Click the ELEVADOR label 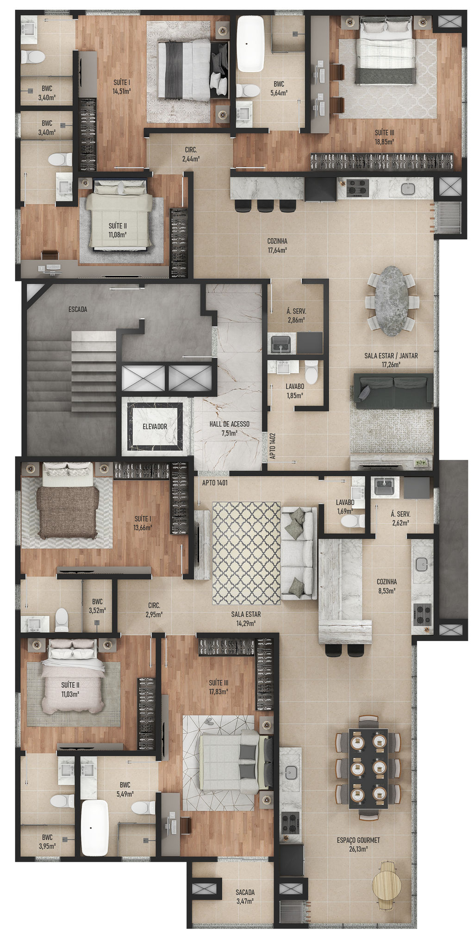tap(155, 426)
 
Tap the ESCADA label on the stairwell tap(78, 309)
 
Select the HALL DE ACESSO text tap(230, 424)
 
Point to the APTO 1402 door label tap(273, 446)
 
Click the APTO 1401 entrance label tap(215, 482)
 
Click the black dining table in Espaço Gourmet tap(368, 768)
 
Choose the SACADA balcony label tap(245, 892)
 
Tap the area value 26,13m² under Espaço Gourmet tap(359, 849)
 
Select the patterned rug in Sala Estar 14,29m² tap(246, 553)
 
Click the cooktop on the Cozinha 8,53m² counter tap(422, 614)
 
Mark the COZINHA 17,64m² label tap(277, 245)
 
